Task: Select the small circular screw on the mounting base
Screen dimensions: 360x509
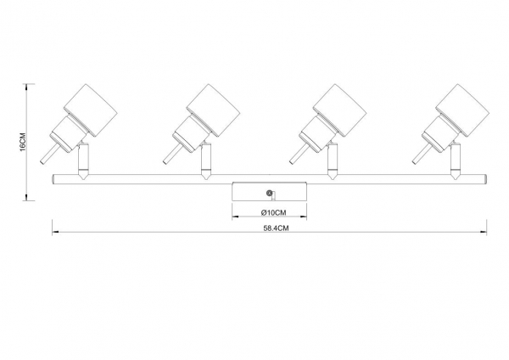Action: pyautogui.click(x=269, y=194)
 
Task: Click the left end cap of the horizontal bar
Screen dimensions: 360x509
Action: pyautogui.click(x=55, y=179)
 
